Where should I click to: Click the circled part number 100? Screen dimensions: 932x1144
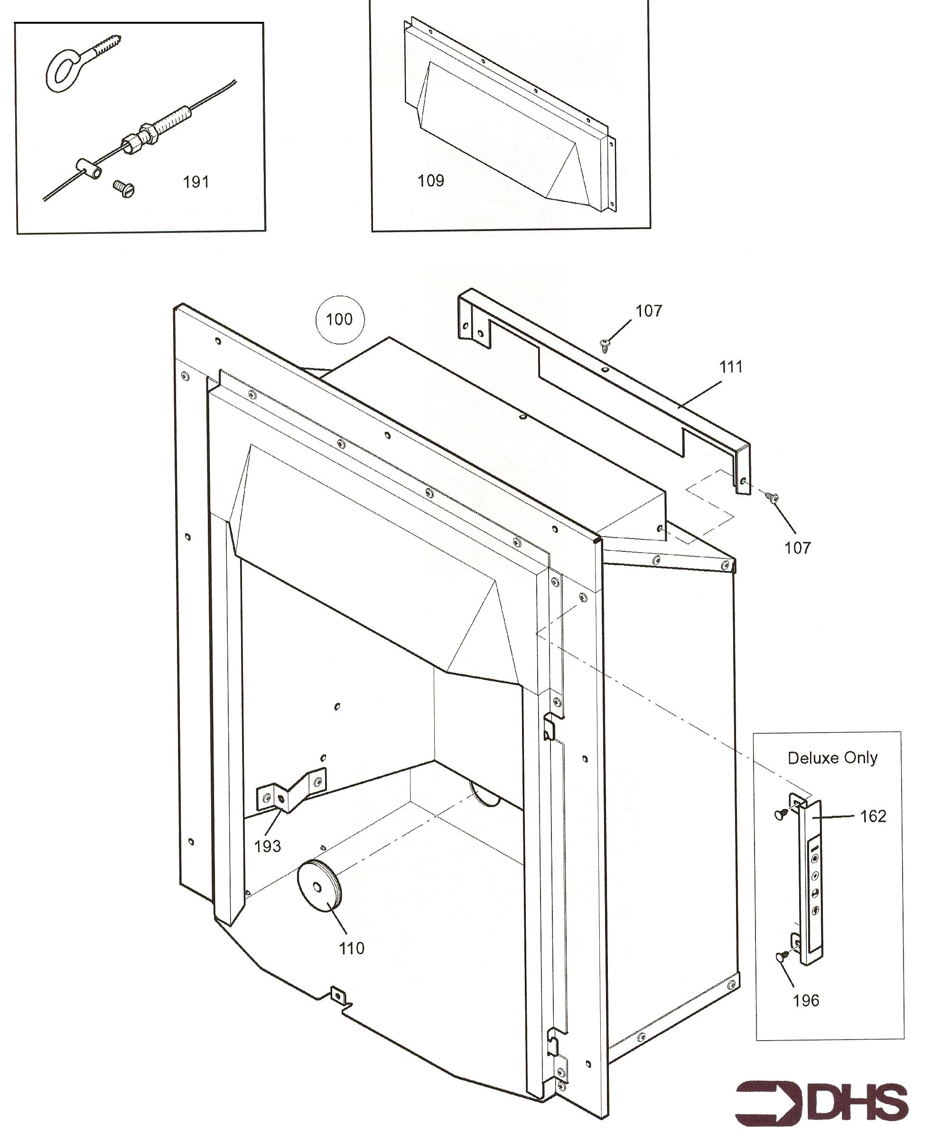pos(339,319)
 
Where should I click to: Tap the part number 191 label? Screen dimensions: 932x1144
pos(196,182)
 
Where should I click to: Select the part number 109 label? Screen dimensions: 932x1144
pos(430,180)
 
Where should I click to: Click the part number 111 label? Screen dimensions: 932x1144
pos(731,367)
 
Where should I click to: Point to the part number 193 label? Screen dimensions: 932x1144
pos(267,846)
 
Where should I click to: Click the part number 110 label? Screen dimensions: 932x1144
pos(352,948)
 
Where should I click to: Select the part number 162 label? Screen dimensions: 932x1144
pos(873,816)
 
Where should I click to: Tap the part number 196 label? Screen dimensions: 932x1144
pos(806,1000)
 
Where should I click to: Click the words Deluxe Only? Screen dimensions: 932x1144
pos(832,758)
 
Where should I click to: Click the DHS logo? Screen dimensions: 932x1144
pos(821,1103)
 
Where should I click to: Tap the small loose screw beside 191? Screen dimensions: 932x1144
pos(123,189)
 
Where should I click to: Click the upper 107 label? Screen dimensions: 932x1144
pos(649,310)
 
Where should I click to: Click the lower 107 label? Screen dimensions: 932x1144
pos(797,548)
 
